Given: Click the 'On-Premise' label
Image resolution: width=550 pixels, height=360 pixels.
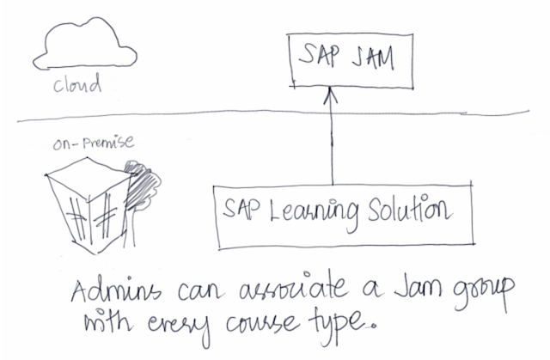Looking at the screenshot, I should [93, 144].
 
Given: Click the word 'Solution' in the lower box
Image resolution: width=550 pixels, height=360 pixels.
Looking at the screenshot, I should [413, 210].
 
